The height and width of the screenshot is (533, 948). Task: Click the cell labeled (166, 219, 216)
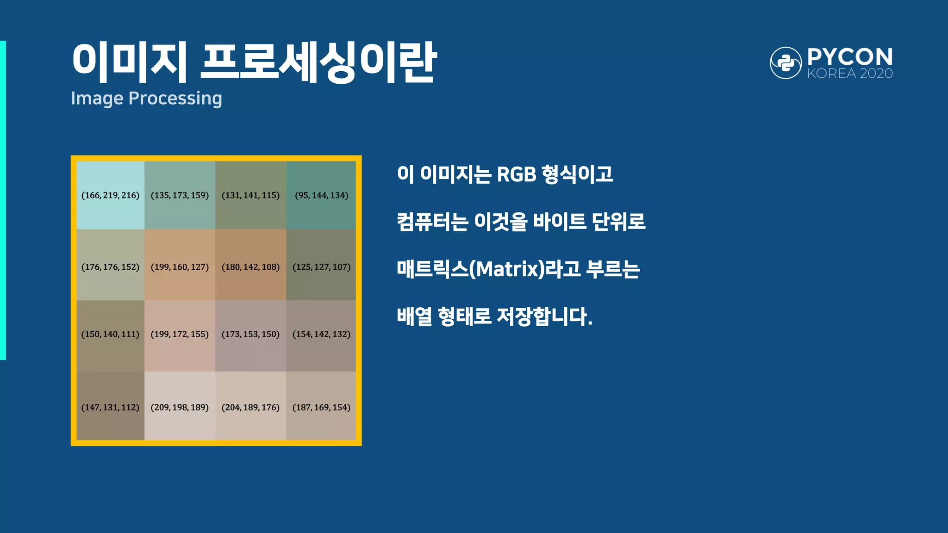tap(110, 195)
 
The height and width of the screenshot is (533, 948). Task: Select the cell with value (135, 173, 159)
tap(180, 195)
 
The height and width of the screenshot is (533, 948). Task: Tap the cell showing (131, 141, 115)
tap(250, 195)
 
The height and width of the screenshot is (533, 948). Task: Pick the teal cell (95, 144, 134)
tap(321, 195)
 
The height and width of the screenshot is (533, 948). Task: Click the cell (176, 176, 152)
tap(110, 267)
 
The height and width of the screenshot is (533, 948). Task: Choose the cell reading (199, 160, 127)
tap(180, 267)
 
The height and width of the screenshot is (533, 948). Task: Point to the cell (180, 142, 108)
tap(250, 267)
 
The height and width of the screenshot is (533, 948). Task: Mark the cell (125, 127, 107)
tap(321, 267)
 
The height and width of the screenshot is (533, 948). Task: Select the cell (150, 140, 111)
tap(110, 334)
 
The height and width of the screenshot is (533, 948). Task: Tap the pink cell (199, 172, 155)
tap(180, 334)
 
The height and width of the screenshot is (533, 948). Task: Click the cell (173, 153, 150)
tap(250, 334)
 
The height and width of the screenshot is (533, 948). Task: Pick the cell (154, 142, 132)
tap(321, 334)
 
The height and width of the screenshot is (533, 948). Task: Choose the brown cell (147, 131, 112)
tap(110, 407)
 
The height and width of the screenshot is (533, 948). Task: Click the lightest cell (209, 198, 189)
tap(180, 407)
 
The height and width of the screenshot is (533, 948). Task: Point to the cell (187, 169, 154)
tap(321, 407)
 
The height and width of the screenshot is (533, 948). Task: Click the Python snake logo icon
tap(786, 63)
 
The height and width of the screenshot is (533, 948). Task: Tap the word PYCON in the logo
tap(850, 57)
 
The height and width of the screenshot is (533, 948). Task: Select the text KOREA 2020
tap(850, 74)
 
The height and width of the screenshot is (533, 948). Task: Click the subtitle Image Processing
tap(146, 99)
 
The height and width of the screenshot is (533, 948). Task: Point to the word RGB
tap(516, 175)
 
